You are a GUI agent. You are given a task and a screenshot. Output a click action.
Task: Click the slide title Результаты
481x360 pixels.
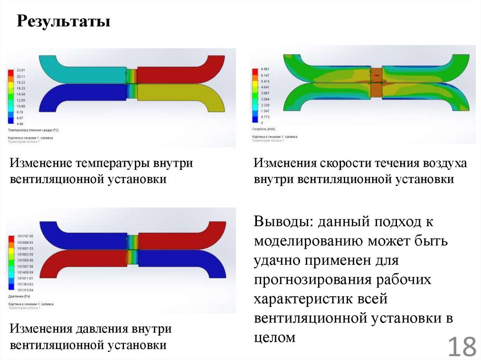(64, 21)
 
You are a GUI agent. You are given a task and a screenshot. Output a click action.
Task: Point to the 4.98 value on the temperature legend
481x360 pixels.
(20, 124)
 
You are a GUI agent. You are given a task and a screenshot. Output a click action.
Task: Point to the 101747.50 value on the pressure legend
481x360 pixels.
(24, 236)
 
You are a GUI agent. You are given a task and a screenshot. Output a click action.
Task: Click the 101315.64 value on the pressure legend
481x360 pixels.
(24, 291)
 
